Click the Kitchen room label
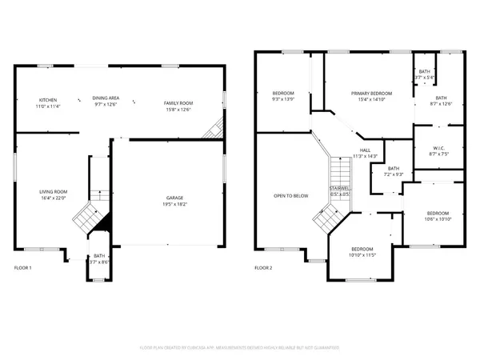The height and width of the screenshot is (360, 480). (48, 100)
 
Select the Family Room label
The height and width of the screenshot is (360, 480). (176, 103)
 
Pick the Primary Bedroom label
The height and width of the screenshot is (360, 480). (368, 94)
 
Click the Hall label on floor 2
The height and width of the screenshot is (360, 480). (365, 150)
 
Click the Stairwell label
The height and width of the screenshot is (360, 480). (340, 190)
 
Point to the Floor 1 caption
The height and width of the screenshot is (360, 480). (23, 267)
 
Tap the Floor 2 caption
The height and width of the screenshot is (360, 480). (263, 267)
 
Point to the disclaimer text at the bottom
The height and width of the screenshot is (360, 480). (240, 348)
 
